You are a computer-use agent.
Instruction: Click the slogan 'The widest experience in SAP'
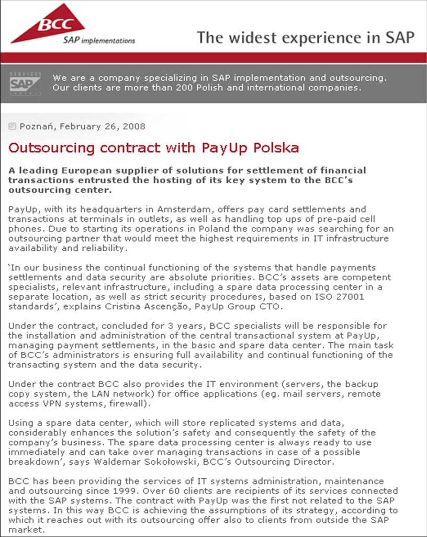coord(306,38)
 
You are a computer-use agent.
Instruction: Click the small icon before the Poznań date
coord(13,126)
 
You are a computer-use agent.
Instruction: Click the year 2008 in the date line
coord(134,126)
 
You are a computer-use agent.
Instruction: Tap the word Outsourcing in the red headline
coord(52,148)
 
